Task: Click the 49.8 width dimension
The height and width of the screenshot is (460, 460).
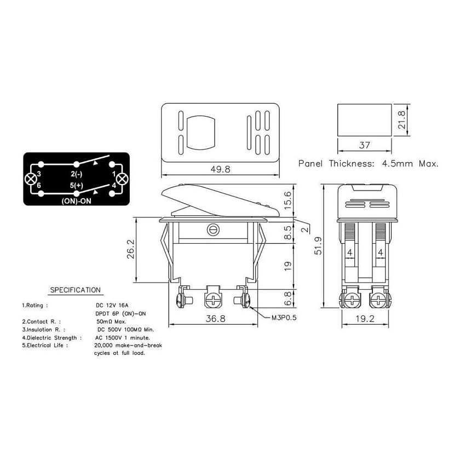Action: click(220, 169)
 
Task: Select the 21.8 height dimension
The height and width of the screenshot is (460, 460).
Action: click(401, 120)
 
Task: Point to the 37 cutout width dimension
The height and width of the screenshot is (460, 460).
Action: click(364, 145)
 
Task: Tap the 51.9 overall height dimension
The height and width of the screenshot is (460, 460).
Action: click(318, 245)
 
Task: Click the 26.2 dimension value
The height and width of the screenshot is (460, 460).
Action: click(130, 249)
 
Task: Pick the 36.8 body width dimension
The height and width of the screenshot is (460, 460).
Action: click(215, 318)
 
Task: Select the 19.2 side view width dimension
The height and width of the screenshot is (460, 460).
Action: click(365, 319)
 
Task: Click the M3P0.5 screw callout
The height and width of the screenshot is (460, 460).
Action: click(284, 318)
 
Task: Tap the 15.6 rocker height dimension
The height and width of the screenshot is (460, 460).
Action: click(288, 200)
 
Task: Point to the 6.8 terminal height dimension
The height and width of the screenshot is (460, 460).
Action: click(288, 298)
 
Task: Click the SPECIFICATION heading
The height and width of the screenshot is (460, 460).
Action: click(76, 290)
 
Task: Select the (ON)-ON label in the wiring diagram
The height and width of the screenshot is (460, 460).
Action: click(76, 201)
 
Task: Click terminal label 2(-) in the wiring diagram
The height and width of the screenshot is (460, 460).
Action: click(77, 174)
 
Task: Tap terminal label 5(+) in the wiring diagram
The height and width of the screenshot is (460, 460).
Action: click(77, 186)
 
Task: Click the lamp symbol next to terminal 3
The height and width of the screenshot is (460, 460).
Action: click(31, 179)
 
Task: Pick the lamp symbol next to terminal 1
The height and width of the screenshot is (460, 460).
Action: click(122, 179)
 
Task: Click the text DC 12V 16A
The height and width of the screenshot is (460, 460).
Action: click(112, 306)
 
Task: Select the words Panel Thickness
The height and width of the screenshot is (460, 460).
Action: click(336, 163)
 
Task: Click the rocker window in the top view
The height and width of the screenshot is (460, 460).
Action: click(200, 133)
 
